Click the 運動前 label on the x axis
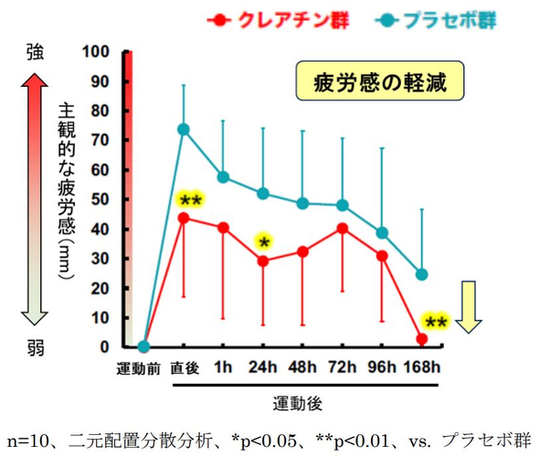[143, 369]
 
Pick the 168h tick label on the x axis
[422, 369]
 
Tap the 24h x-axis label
[263, 369]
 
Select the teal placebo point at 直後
[184, 129]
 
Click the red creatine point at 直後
[184, 218]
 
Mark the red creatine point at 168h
[422, 339]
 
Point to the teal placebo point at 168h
[422, 274]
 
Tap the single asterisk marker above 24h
[264, 241]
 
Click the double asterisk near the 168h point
[435, 322]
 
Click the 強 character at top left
[36, 54]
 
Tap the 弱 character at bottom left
[36, 346]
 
